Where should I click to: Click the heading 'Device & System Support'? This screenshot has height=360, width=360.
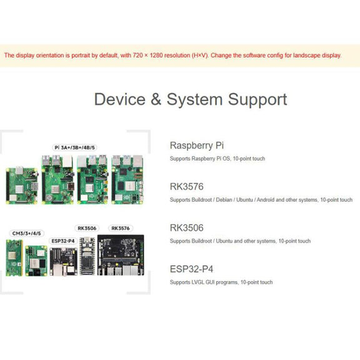191,99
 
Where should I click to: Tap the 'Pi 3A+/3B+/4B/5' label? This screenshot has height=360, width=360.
74,147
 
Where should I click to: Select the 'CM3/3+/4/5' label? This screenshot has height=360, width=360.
27,234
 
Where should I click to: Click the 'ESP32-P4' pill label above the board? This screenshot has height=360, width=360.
63,241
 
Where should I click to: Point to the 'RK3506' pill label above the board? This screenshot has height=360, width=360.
87,228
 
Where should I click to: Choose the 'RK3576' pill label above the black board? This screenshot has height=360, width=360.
121,228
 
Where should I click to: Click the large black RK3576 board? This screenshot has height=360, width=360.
121,255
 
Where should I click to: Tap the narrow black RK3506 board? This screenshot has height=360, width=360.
87,256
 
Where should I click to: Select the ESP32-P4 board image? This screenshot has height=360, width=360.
64,261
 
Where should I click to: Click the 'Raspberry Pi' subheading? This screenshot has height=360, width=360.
197,146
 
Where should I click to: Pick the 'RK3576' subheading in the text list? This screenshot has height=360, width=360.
187,186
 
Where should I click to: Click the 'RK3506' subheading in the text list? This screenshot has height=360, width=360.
187,227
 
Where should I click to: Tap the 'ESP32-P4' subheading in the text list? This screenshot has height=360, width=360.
191,269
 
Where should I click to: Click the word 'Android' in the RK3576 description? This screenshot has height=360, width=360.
266,200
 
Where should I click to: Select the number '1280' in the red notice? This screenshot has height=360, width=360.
156,56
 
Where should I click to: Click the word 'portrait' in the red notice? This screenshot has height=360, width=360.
81,56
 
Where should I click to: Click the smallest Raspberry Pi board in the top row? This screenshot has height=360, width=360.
22,186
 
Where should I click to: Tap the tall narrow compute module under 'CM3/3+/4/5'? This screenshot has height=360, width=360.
14,257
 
